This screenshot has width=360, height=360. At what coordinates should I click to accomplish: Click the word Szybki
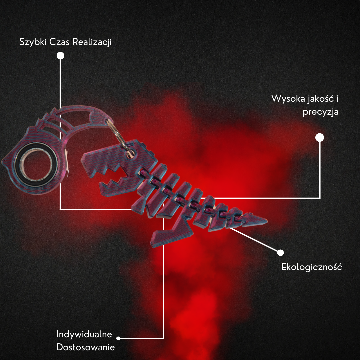[x=33, y=42]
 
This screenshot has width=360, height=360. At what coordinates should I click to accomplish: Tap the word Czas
[x=59, y=42]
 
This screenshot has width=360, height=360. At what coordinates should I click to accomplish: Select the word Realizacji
[x=92, y=42]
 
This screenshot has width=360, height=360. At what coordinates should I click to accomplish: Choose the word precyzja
[x=321, y=112]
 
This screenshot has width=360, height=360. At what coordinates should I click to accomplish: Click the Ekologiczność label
[x=312, y=267]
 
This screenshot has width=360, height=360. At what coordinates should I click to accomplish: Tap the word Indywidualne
[x=84, y=334]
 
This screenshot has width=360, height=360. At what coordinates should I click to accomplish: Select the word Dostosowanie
[x=86, y=347]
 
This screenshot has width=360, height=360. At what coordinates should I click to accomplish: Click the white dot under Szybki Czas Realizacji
[x=60, y=56]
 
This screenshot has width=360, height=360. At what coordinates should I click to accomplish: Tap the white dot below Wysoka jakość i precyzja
[x=320, y=138]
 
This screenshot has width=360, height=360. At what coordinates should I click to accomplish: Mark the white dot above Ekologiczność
[x=280, y=253]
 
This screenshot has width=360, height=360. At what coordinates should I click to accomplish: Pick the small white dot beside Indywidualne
[x=118, y=338]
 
